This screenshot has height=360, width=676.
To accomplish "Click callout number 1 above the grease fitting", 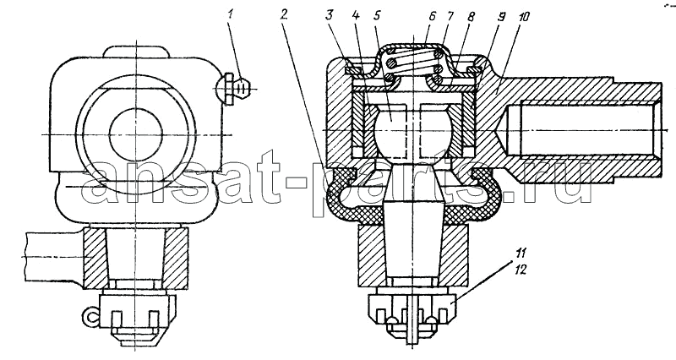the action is click(x=230, y=15).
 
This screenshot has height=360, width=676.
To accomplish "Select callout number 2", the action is click(x=283, y=15).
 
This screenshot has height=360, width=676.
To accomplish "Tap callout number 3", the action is click(x=330, y=16).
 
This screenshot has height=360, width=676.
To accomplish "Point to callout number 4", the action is click(x=355, y=16).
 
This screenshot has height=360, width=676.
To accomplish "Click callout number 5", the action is click(x=376, y=16).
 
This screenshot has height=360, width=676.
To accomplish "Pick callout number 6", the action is click(x=433, y=16).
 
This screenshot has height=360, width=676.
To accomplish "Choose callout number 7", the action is click(x=450, y=16).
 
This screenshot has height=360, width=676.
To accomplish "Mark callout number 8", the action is click(x=471, y=17).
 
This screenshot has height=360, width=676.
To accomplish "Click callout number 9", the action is click(x=501, y=17).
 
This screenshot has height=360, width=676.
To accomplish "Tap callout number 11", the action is click(x=520, y=253).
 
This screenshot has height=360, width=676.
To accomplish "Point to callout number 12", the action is click(x=520, y=270).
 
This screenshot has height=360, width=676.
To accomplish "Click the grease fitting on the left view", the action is click(x=235, y=89).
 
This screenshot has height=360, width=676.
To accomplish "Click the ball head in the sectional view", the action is click(x=391, y=132).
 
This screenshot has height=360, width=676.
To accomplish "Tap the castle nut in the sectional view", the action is click(x=412, y=313).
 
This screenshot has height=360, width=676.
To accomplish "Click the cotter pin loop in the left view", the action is click(x=90, y=318).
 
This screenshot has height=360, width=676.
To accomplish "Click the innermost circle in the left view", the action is click(x=136, y=134).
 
